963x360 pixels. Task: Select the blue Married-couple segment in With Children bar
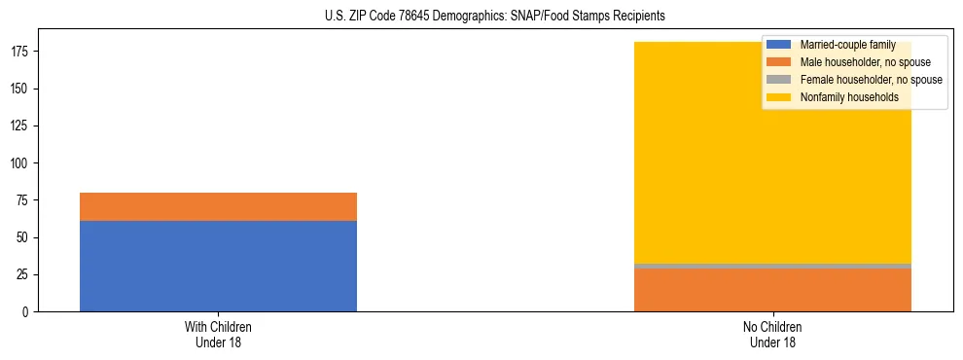pos(218,266)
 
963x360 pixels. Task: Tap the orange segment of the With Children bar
pos(218,206)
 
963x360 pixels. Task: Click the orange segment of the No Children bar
pos(772,290)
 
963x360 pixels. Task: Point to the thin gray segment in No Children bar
pos(772,266)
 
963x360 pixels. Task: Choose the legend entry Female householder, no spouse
pos(871,80)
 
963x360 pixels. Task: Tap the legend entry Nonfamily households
pos(849,97)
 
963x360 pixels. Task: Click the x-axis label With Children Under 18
pos(218,334)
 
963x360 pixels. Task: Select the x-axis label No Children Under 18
pos(772,334)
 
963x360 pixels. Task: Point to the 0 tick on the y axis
pos(27,312)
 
